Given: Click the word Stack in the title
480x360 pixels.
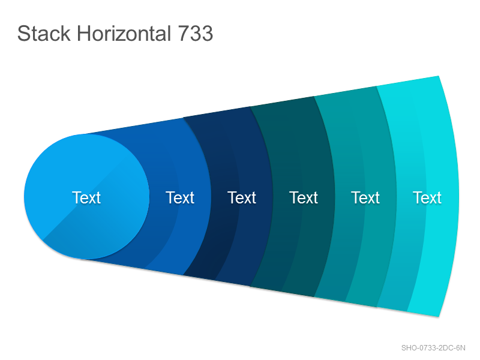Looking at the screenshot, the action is click(x=44, y=33).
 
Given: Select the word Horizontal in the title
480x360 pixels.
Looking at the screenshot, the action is click(x=124, y=33).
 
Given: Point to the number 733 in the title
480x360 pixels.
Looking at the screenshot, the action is click(x=196, y=33).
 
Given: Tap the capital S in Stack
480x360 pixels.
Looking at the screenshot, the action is click(x=23, y=33).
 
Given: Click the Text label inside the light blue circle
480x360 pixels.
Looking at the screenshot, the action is click(x=86, y=197).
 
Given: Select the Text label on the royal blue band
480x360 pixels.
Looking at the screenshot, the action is click(x=180, y=197).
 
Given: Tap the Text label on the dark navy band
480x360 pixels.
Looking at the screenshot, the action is click(x=242, y=197).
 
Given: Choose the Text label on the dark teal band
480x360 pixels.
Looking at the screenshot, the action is click(x=304, y=197).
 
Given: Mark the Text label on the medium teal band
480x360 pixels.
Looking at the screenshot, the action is click(x=365, y=197).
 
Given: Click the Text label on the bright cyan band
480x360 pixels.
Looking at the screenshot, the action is click(x=427, y=197).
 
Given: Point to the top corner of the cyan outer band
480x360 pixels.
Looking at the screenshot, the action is click(x=439, y=76).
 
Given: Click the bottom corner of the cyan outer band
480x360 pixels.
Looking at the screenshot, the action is click(x=439, y=317).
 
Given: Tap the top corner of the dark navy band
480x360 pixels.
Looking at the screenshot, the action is click(x=184, y=117).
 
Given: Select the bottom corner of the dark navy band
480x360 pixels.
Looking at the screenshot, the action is click(x=184, y=275).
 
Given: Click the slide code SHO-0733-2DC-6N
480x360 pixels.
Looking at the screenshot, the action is click(x=433, y=348).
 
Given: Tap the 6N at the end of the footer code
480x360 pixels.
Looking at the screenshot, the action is click(x=461, y=348).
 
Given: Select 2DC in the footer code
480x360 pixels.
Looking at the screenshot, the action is click(x=446, y=348).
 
